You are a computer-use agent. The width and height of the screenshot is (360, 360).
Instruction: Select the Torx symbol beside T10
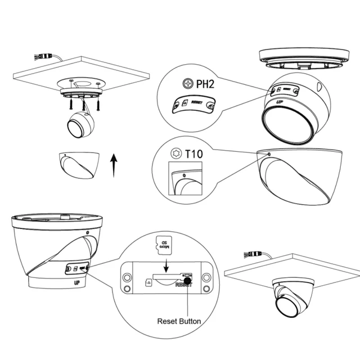pyautogui.click(x=175, y=153)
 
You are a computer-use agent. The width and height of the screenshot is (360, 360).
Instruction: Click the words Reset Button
pyautogui.click(x=179, y=321)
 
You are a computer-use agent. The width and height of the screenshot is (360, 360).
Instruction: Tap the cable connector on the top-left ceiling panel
pyautogui.click(x=45, y=56)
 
